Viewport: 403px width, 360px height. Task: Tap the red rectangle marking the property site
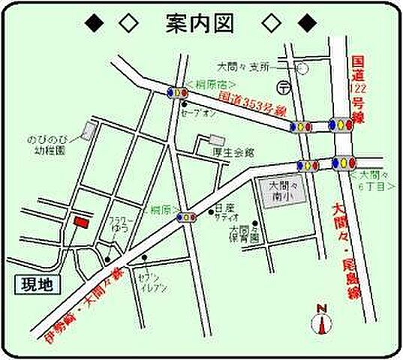(80, 220)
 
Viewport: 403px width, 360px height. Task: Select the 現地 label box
(35, 286)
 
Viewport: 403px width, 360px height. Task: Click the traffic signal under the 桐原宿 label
(181, 92)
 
